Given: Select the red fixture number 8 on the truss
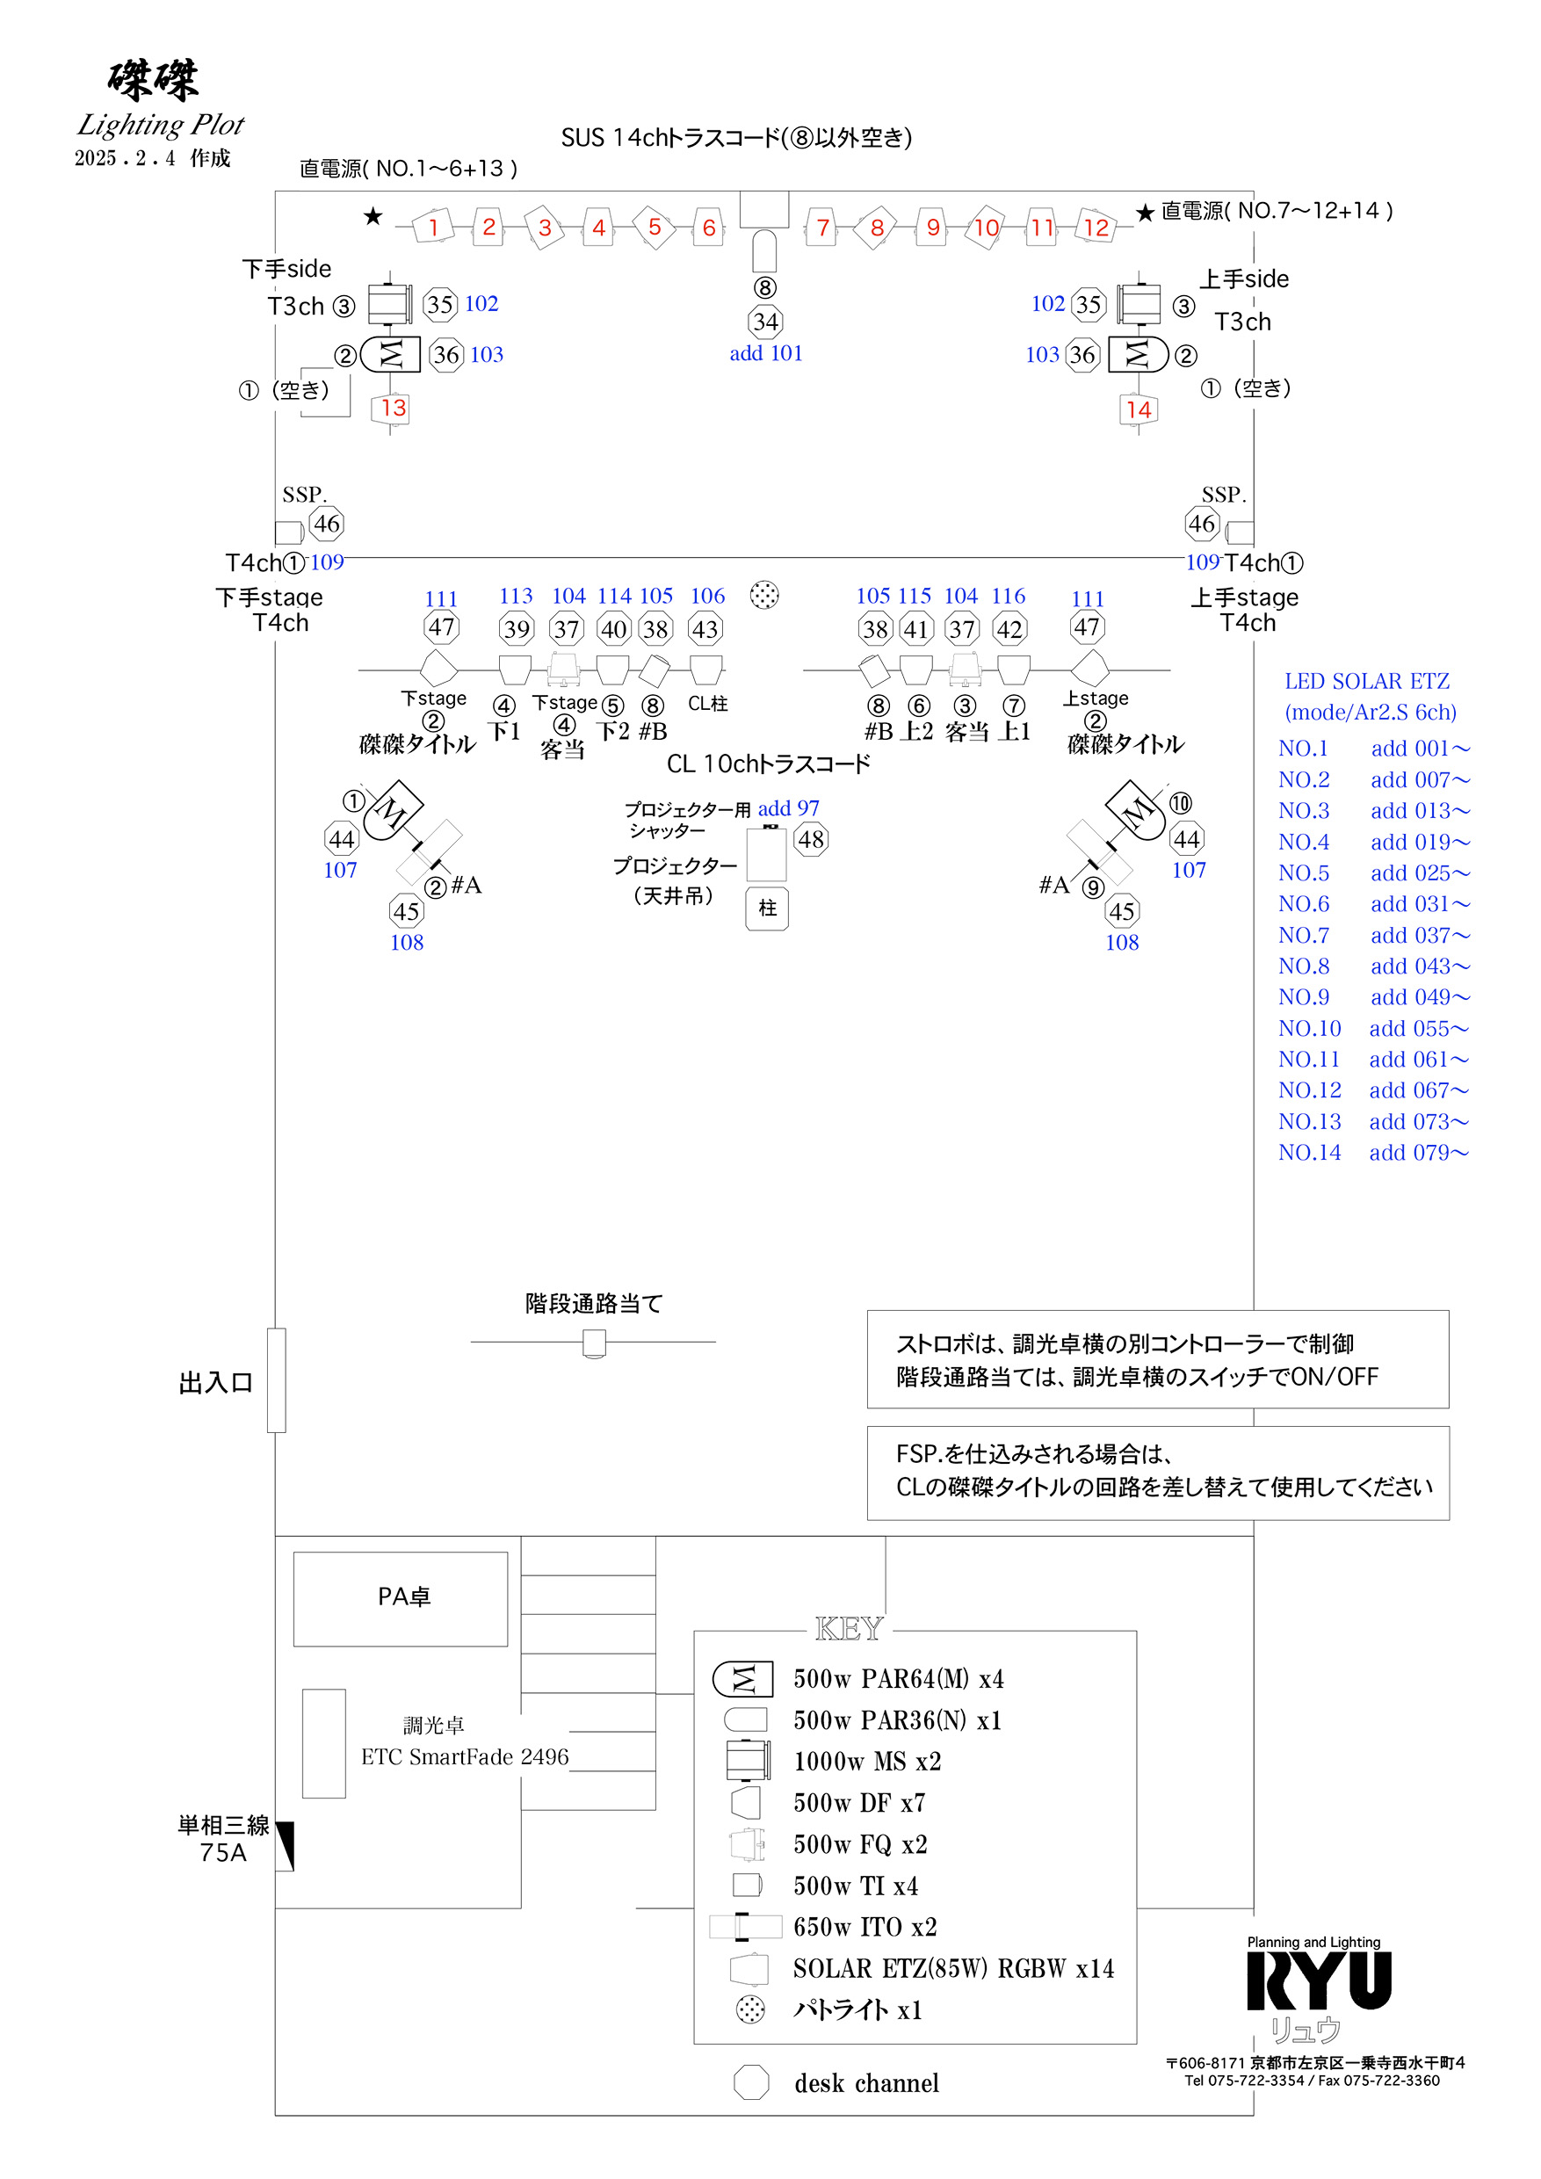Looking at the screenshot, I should point(877,228).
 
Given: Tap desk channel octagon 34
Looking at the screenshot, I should point(765,322).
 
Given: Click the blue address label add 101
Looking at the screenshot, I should point(766,353).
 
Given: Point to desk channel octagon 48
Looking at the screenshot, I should point(810,839).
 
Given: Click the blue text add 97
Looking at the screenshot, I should point(787,807).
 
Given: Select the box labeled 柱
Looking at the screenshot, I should point(767,909).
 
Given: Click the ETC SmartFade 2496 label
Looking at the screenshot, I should point(464,1756).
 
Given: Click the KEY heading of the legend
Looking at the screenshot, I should point(850,1629).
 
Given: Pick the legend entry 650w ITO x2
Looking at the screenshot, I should point(865,1927).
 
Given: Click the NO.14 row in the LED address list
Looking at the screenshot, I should point(1309,1152).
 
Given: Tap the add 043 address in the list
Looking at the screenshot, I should point(1420,966).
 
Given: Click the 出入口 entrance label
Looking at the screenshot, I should point(216,1383).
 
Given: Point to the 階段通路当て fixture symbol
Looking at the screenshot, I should point(594,1343).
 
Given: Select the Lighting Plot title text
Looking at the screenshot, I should point(161,124).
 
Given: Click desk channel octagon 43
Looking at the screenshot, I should point(704,628).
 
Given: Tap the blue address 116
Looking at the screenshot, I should point(1008,595).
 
